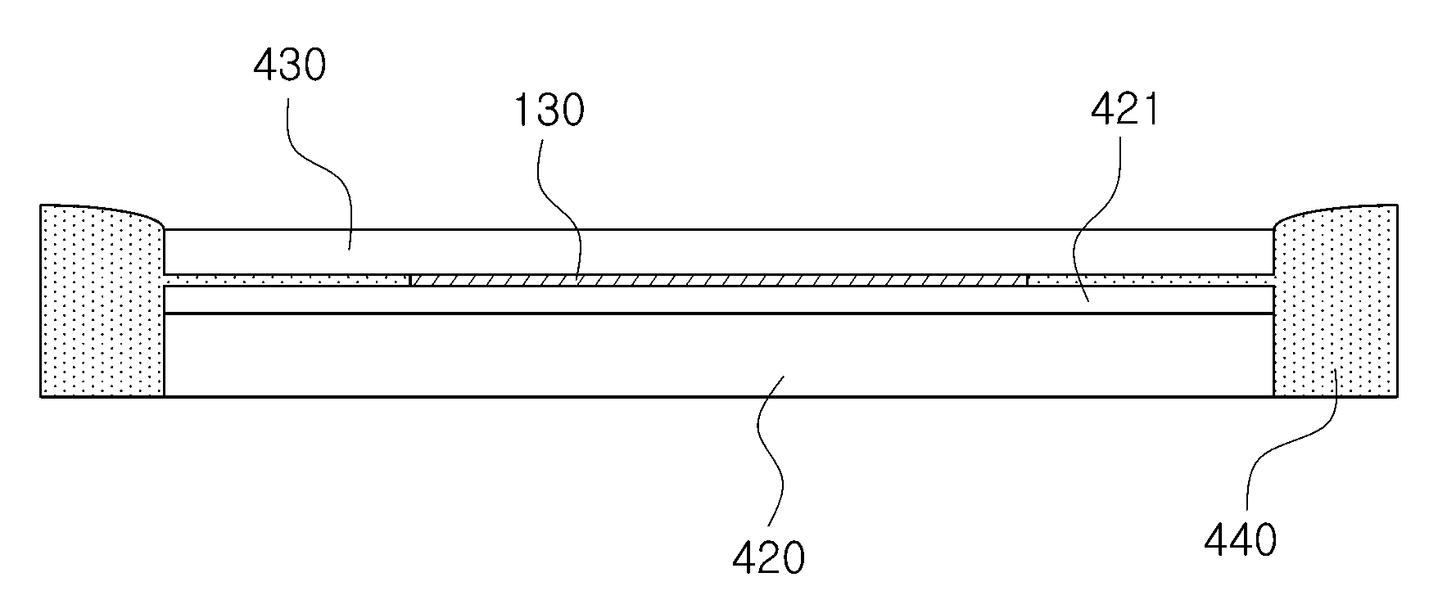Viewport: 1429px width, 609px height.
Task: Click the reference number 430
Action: click(x=290, y=65)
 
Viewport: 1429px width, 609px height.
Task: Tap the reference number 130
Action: click(x=548, y=111)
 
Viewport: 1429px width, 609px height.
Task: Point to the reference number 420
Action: click(x=768, y=557)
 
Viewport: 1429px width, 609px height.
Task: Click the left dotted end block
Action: click(x=102, y=300)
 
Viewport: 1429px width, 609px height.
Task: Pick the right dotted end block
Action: click(x=1336, y=300)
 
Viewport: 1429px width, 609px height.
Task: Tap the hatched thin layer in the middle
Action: click(x=718, y=280)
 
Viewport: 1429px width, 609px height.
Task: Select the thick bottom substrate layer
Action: click(x=719, y=355)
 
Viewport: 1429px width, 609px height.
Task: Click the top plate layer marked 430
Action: click(x=719, y=251)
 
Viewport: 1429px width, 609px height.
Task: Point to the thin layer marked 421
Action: click(x=719, y=300)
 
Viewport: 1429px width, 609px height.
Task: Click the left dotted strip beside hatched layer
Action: click(x=287, y=280)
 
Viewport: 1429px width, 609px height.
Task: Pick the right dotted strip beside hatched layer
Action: click(x=1151, y=280)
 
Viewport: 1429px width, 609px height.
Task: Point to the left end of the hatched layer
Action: click(x=410, y=280)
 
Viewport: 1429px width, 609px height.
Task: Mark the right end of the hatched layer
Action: click(x=1027, y=280)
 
